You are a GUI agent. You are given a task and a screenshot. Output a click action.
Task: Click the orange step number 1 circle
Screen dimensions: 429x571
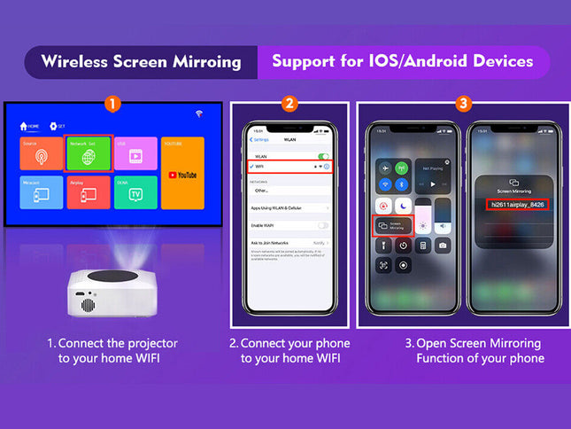(112, 104)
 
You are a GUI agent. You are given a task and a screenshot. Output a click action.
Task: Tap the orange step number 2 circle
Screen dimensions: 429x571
(289, 104)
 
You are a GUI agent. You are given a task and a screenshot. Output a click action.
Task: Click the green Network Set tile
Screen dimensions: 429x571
(88, 153)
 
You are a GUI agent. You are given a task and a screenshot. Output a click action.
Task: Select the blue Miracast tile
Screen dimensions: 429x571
(41, 192)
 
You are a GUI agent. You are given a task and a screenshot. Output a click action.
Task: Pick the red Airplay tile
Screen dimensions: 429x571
(88, 192)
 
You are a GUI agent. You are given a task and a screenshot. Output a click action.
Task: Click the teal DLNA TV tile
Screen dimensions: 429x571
(135, 192)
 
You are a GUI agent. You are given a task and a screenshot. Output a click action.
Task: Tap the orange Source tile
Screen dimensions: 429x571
(41, 153)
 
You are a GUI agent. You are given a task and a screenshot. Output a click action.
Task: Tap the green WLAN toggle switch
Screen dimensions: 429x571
(323, 156)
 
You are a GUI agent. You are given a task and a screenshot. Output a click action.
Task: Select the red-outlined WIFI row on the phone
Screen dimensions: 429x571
(287, 167)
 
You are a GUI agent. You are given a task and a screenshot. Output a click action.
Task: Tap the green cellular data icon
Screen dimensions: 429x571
(401, 168)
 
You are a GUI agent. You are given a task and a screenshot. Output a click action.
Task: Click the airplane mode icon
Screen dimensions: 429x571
(382, 168)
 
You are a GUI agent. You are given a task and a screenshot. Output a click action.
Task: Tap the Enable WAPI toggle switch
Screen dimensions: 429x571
(323, 226)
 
